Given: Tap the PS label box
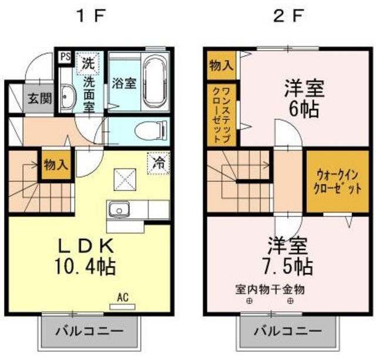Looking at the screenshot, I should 65,57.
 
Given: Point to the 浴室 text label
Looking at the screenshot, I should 124,82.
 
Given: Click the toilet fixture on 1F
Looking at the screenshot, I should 146,130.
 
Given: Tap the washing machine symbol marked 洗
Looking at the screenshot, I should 89,62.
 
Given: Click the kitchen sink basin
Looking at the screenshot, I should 120,209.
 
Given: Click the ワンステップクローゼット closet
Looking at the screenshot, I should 222,115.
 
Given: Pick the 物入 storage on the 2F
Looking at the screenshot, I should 221,65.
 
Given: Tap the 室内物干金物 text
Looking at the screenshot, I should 270,290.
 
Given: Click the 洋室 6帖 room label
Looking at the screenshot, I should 304,98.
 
